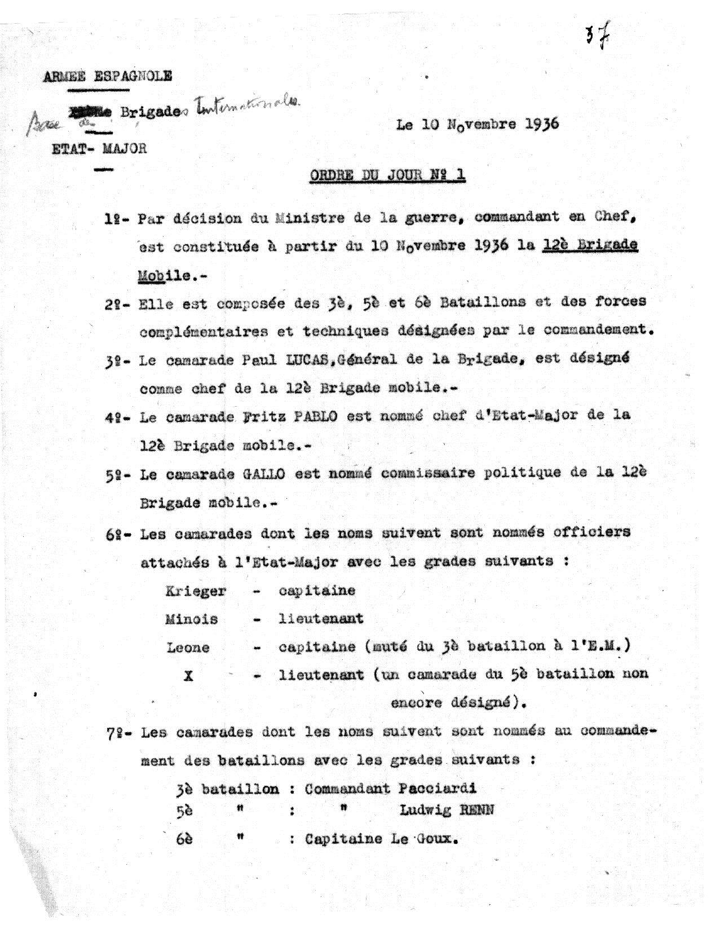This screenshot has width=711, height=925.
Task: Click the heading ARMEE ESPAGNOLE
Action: [x=108, y=76]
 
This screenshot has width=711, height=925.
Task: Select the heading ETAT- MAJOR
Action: [x=99, y=148]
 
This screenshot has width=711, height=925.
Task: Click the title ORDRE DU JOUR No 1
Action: [x=387, y=175]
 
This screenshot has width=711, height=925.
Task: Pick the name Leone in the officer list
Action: [x=188, y=647]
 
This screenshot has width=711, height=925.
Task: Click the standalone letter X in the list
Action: [x=189, y=675]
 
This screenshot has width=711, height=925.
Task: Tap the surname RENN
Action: [x=477, y=811]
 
